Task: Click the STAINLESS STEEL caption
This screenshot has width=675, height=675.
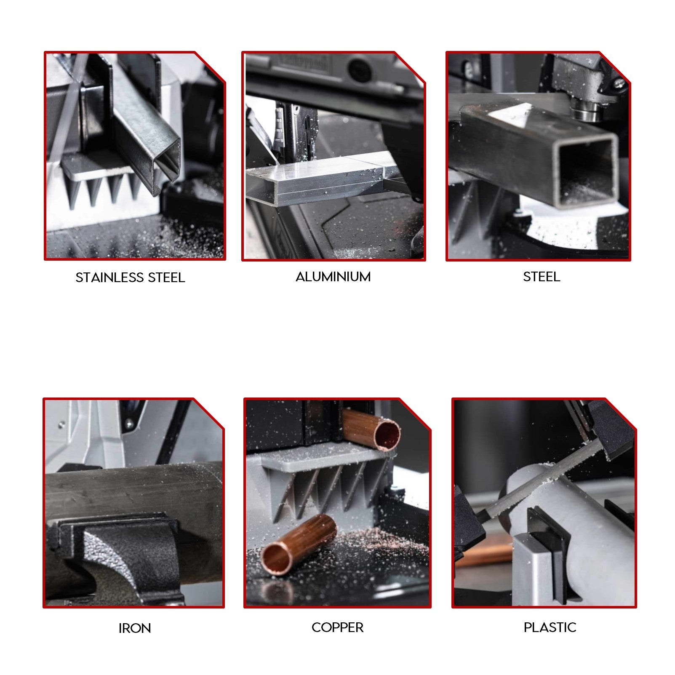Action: tap(130, 277)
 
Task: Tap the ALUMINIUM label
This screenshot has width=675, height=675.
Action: tap(333, 277)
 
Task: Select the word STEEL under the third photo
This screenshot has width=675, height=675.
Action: tap(542, 277)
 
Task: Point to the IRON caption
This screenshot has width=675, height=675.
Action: tap(134, 628)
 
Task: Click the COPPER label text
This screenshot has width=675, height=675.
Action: tap(337, 627)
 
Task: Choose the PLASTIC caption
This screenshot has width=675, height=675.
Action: tap(550, 627)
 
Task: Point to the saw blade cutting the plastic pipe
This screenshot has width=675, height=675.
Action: tap(543, 480)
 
